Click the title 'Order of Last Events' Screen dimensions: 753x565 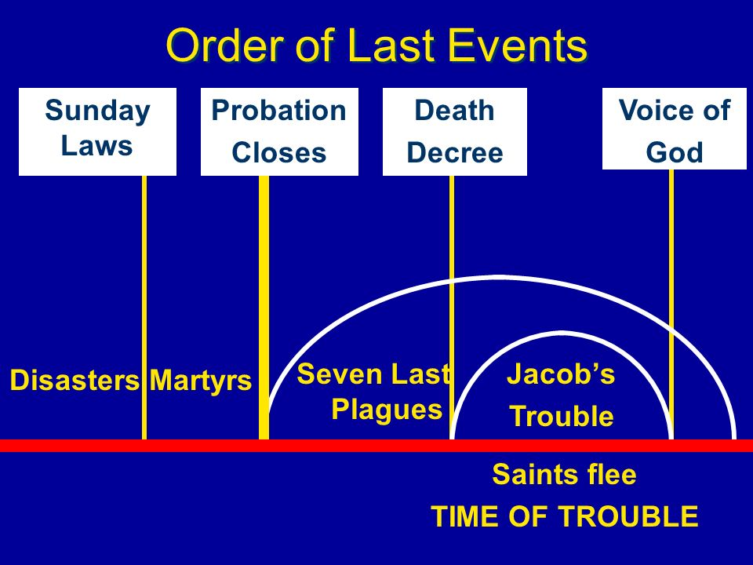click(x=376, y=46)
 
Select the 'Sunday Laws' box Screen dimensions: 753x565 click(x=97, y=132)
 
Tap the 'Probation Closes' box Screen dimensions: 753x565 click(x=279, y=132)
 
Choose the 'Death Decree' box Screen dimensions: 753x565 click(x=455, y=132)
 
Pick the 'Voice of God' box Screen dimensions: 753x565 click(x=675, y=129)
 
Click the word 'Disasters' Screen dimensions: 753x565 click(x=75, y=381)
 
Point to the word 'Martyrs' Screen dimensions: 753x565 click(x=201, y=381)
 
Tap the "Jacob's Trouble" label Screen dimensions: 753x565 click(x=561, y=395)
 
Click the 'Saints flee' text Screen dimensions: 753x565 click(x=564, y=475)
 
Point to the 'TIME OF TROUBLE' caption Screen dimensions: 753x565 click(x=565, y=516)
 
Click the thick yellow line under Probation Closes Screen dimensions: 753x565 click(x=264, y=308)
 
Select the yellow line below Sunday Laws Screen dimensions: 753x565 click(x=144, y=308)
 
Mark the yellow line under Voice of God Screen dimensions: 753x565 click(x=671, y=304)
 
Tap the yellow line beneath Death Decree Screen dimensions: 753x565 click(x=452, y=308)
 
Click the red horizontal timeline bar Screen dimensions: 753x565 click(x=376, y=446)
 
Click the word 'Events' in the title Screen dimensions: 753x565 click(x=518, y=46)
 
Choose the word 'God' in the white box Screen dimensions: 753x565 click(x=675, y=152)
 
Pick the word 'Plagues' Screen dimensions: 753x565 click(x=387, y=410)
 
